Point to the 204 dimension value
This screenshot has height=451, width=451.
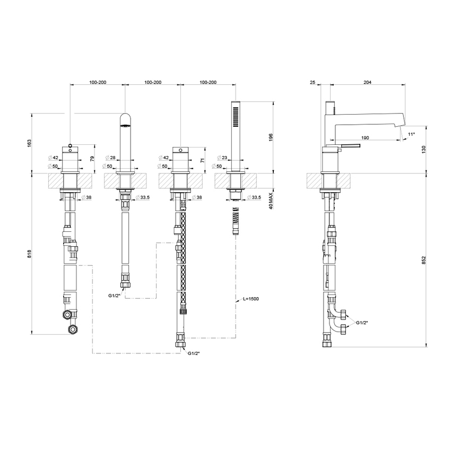[367, 83]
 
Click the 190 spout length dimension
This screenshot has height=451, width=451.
[365, 138]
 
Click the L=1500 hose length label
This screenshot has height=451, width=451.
[251, 300]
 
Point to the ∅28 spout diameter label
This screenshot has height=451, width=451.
[111, 158]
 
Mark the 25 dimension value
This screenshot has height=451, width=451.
[313, 83]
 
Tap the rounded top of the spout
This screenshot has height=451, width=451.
[125, 119]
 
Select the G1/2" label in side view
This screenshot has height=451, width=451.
[363, 323]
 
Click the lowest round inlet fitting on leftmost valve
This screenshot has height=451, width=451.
[72, 331]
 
